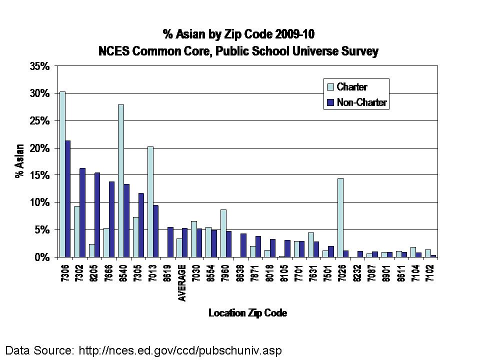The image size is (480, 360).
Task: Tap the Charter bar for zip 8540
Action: pos(121,180)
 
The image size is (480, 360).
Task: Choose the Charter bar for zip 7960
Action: pos(223,233)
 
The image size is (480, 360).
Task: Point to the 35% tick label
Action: pos(39,66)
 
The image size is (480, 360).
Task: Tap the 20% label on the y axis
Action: pos(39,148)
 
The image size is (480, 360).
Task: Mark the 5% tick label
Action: pos(41,230)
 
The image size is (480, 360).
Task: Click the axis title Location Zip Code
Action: pos(248,313)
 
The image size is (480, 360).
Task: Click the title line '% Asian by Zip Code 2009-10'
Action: pos(238,34)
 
